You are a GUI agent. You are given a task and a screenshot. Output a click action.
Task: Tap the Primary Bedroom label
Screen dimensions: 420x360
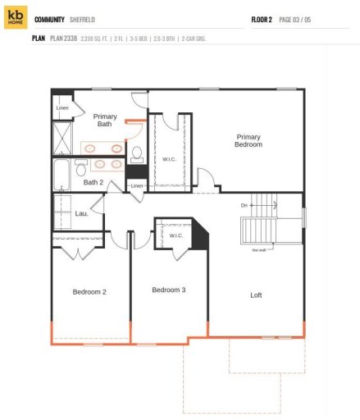click(x=248, y=140)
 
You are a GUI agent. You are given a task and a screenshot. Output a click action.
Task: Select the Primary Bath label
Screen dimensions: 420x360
click(x=105, y=121)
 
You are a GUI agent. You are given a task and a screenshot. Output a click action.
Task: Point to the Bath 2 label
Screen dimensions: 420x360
click(x=93, y=182)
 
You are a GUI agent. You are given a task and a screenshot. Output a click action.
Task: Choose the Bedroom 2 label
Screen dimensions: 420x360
click(x=89, y=291)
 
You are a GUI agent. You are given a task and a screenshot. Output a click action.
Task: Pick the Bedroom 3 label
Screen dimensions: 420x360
click(x=168, y=289)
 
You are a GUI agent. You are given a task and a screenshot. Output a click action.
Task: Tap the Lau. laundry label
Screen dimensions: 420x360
click(x=81, y=213)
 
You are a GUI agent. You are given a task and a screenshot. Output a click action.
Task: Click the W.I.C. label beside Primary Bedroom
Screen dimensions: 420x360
click(x=170, y=159)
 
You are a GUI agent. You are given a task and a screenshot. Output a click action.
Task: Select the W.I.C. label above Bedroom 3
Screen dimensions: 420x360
click(x=175, y=235)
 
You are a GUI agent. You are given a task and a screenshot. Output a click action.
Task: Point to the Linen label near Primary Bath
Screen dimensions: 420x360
click(x=62, y=107)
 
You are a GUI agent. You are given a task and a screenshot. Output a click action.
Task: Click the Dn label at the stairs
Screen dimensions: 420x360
click(x=244, y=204)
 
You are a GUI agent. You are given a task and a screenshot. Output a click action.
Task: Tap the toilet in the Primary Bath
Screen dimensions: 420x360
click(x=137, y=154)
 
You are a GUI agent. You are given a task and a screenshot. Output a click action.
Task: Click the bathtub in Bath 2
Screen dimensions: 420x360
click(x=62, y=174)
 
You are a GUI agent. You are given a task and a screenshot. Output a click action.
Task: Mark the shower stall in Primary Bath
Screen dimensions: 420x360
click(x=62, y=136)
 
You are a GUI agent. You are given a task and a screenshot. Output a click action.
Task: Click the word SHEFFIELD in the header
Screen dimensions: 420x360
click(x=80, y=18)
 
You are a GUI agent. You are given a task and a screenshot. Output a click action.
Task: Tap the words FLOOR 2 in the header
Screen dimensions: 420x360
click(x=262, y=18)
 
